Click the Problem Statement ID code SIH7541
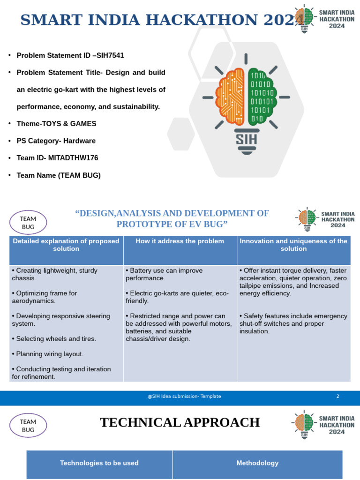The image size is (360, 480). tap(110, 55)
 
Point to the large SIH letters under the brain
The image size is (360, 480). tap(246, 138)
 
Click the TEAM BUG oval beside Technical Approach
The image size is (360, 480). tap(28, 425)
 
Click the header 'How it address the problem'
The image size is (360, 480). tap(180, 241)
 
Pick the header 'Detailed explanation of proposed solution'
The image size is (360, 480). tap(66, 245)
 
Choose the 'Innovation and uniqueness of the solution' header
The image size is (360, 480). tap(293, 245)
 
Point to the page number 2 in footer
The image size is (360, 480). tap(337, 396)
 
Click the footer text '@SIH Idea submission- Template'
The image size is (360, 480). tap(184, 396)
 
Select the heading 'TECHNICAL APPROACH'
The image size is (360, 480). tap(180, 422)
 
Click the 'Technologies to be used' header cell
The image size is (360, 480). tap(99, 463)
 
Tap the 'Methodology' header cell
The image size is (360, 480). tap(257, 463)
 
